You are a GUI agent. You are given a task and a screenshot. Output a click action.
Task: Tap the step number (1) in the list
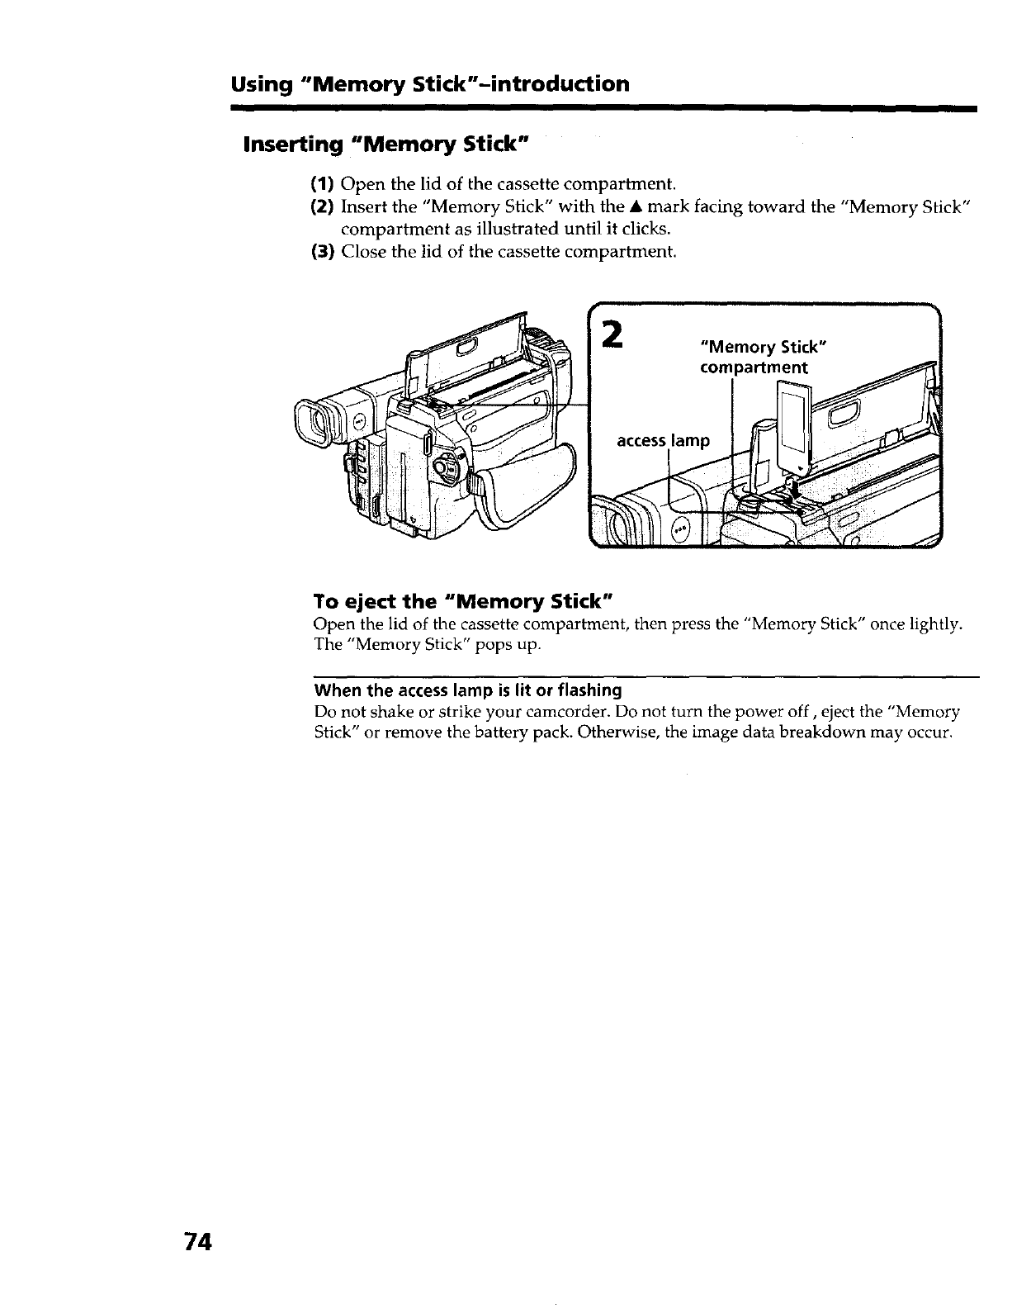(x=322, y=182)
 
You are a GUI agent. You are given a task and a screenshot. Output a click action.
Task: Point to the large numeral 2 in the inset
(x=612, y=334)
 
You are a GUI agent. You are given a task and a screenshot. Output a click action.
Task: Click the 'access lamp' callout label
(x=662, y=441)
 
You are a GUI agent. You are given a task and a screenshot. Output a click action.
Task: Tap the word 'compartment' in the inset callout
(x=753, y=367)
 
